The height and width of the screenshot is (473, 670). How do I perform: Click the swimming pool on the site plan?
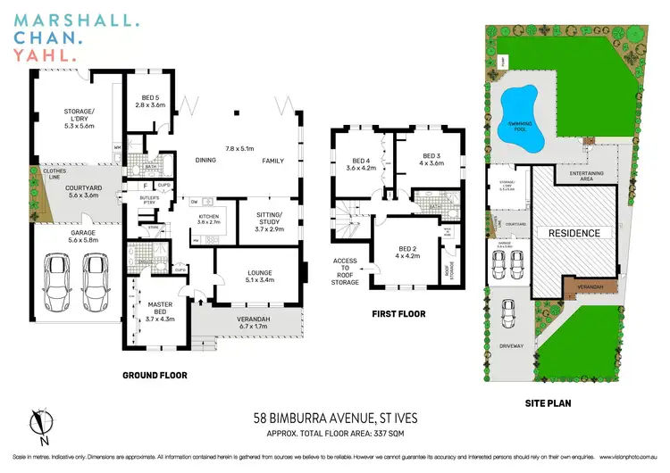coord(515,112)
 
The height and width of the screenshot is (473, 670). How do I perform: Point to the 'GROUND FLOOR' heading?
coord(155,376)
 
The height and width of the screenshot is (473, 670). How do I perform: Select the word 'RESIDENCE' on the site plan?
coord(574,232)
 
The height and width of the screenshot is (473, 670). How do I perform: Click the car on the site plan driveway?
coord(507,311)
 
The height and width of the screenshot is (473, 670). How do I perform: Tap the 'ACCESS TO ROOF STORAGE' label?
coord(346,272)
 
